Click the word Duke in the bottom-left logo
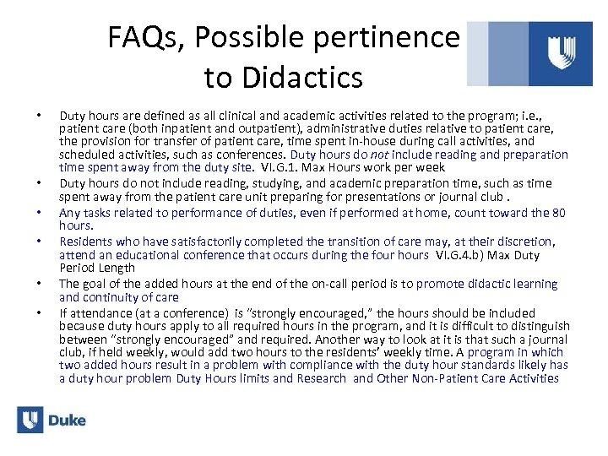tap(66, 420)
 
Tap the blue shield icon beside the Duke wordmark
tap(30, 419)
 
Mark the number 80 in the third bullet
tap(560, 213)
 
